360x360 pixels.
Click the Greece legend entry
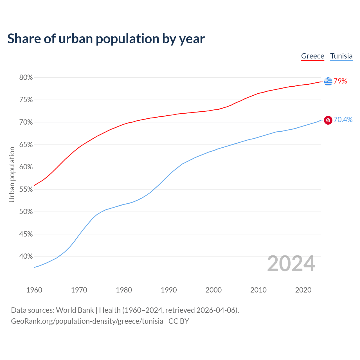[x=312, y=56]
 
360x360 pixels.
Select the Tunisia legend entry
[x=341, y=56]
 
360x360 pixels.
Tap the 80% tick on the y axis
[x=26, y=77]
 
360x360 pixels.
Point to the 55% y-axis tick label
[x=26, y=189]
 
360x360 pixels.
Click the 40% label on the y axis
[x=26, y=256]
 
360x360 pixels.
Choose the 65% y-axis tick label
[x=26, y=145]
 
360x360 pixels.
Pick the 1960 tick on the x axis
[x=34, y=290]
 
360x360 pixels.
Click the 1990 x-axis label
[x=169, y=290]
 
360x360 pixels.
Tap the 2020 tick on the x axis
[x=303, y=290]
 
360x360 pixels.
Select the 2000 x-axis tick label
[x=213, y=290]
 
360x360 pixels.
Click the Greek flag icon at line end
[x=328, y=81]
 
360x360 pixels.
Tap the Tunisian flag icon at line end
[x=328, y=120]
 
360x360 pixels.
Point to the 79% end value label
[x=340, y=81]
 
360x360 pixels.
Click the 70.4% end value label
[x=343, y=120]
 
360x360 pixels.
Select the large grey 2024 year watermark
[x=291, y=264]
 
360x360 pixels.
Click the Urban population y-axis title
[x=12, y=174]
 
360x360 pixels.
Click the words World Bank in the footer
[x=75, y=310]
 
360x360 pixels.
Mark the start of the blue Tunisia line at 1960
[x=34, y=267]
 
